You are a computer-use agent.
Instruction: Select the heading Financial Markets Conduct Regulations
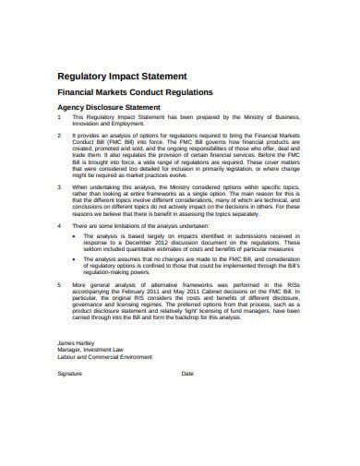pos(136,93)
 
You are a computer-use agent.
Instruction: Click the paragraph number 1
pos(59,117)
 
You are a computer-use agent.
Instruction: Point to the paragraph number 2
pos(59,136)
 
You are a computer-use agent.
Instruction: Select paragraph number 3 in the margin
pos(59,187)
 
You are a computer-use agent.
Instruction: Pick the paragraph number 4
pos(59,225)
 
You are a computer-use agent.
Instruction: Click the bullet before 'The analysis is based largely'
pos(74,235)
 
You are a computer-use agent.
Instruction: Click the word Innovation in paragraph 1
pos(90,125)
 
